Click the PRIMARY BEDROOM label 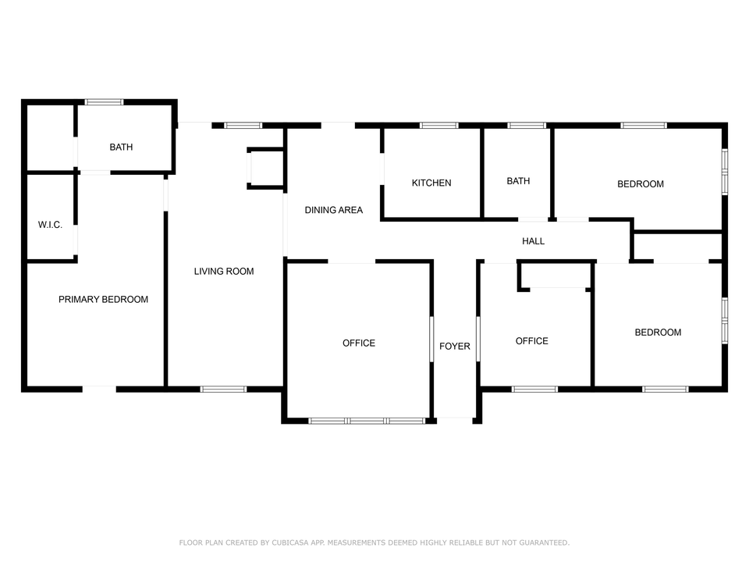pos(103,300)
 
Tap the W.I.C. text pos(50,225)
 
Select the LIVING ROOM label pos(224,272)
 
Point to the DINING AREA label pos(333,210)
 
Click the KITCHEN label pos(431,183)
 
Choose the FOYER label pos(455,346)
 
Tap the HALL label pos(533,241)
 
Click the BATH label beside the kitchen pos(518,181)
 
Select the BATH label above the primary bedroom pos(121,148)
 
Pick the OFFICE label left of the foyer pos(359,343)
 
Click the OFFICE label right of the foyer pos(531,341)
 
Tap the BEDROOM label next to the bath pos(640,184)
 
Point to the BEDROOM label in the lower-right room pos(658,333)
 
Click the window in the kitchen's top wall pos(439,126)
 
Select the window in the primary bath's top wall pos(104,101)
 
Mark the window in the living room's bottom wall pos(223,389)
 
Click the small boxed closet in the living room pos(266,168)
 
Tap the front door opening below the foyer pos(455,420)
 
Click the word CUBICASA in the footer pos(290,542)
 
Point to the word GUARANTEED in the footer pos(544,542)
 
